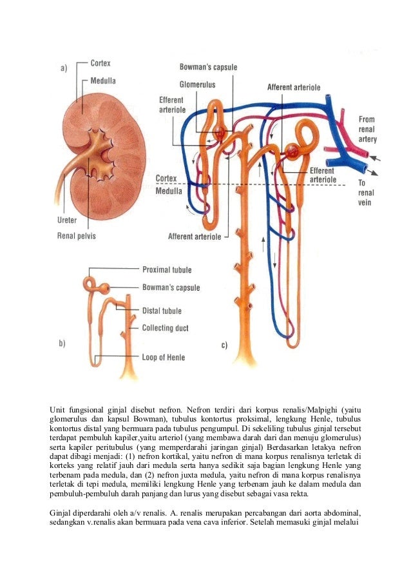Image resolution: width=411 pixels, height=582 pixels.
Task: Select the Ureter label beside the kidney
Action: [x=67, y=220]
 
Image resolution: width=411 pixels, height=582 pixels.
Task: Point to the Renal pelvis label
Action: [x=77, y=236]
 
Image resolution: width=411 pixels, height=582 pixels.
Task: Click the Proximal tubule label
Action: [x=166, y=270]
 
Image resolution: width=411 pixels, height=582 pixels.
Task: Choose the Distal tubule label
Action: [x=162, y=311]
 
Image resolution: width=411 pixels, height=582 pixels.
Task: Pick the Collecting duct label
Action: [x=165, y=328]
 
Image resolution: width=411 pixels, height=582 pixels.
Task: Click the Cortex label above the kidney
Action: [x=100, y=63]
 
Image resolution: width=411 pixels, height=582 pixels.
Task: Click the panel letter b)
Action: [x=62, y=344]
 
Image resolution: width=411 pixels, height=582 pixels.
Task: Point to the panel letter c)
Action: [x=224, y=345]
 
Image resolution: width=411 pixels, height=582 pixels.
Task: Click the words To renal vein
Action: [x=366, y=193]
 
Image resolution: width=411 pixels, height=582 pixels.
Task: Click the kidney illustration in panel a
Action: [x=97, y=155]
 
